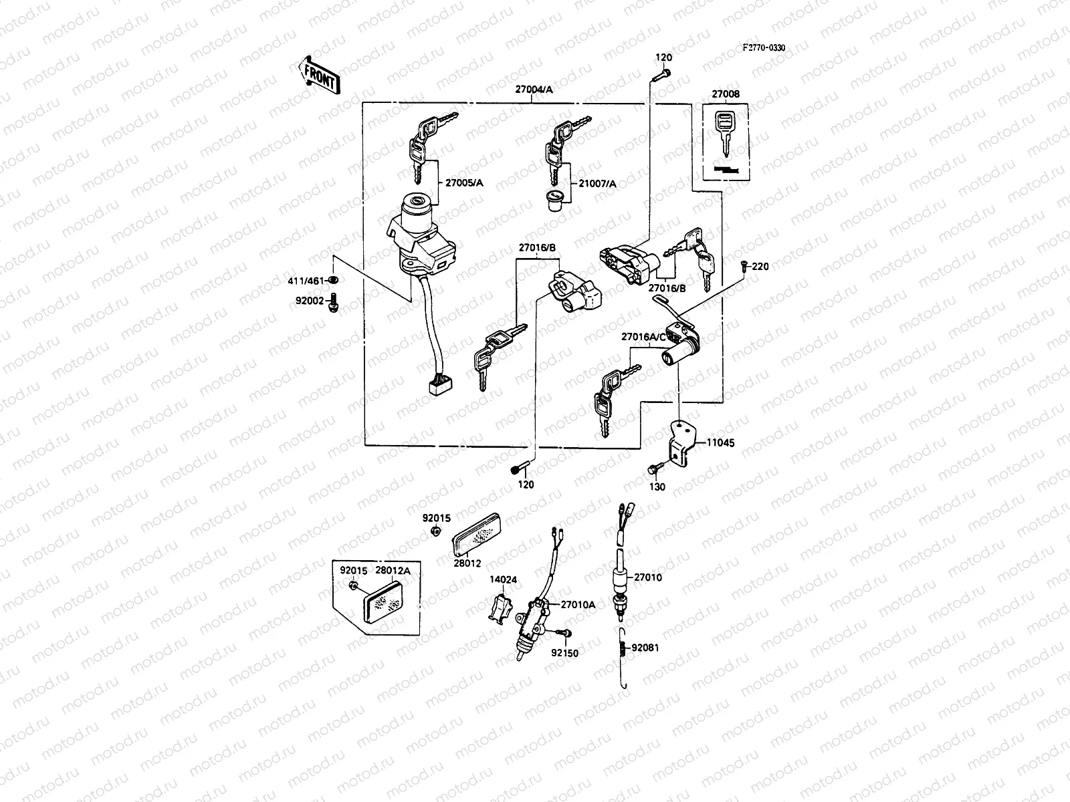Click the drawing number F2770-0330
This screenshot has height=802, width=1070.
763,48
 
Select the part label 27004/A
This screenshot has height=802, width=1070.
533,90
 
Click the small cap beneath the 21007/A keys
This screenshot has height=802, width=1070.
554,200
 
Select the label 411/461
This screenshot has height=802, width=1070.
307,280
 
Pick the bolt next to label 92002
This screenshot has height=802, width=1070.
334,302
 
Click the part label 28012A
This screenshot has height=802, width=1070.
393,570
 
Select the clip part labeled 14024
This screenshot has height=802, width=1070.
500,609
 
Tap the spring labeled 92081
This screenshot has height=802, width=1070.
622,648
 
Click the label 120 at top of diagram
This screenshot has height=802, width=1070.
663,57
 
